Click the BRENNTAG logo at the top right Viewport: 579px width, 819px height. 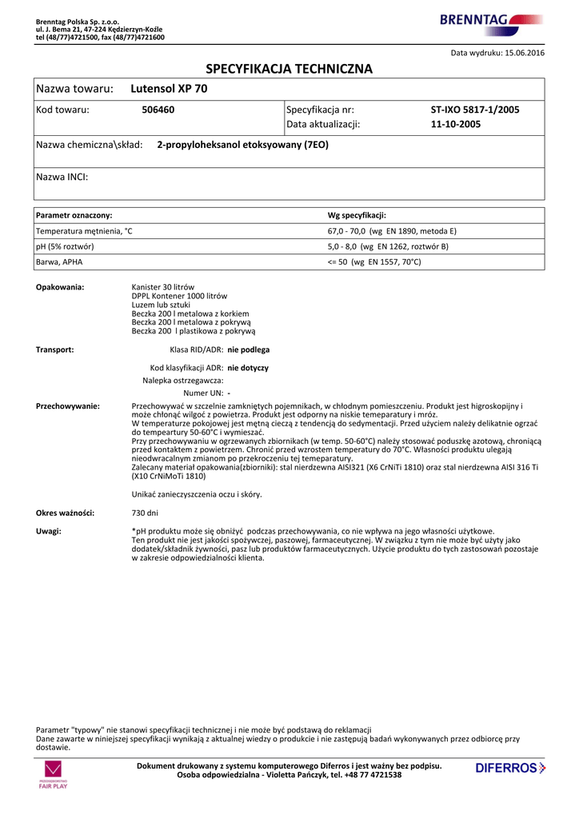point(491,22)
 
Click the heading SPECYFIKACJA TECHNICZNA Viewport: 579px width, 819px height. point(289,69)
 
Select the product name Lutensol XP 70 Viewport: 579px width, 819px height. point(168,89)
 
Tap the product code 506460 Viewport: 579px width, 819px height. point(158,110)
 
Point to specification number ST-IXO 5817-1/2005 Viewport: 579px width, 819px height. point(475,110)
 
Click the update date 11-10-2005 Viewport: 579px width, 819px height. point(455,124)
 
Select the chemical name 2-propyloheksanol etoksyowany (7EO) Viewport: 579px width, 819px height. point(242,145)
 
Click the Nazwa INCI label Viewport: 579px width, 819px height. point(62,177)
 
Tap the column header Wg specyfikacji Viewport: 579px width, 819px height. point(357,216)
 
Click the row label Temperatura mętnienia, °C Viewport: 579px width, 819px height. point(84,231)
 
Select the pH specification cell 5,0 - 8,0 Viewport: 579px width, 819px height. point(388,246)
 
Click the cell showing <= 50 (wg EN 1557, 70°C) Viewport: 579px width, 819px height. point(374,262)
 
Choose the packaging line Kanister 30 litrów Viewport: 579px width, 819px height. point(162,287)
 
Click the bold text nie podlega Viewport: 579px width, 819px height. point(249,350)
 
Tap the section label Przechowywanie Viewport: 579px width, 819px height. point(68,406)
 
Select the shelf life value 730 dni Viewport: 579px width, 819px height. point(145,513)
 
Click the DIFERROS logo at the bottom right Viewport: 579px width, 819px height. point(509,769)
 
